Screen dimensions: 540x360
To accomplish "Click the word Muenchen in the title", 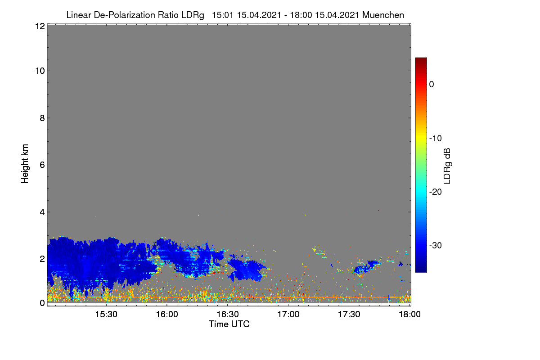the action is (383, 15).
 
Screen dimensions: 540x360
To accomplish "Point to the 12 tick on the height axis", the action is (40, 26).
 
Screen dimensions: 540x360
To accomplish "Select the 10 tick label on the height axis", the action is (40, 71).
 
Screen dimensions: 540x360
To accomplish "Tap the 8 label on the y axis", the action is (42, 118).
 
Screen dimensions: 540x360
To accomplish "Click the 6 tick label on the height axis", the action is (42, 165).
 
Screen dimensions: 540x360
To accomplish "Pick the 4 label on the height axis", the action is (42, 212).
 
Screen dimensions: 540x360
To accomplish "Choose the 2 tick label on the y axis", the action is (42, 259).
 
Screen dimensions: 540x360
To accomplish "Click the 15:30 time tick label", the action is (106, 314).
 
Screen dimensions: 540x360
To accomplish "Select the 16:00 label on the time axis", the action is (167, 314).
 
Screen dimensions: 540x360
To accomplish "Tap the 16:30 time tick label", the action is (228, 314).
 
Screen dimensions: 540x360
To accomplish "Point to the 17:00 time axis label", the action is (288, 314).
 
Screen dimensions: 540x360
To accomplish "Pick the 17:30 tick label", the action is (349, 314).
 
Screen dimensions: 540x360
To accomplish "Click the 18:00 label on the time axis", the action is (409, 314).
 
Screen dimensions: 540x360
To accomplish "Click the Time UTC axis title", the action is (229, 324).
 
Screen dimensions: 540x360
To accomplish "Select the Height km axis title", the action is (25, 164).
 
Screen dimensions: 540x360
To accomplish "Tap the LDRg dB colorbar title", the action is (447, 166).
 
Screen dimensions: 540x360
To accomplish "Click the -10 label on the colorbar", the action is (436, 139).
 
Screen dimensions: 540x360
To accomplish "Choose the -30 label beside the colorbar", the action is (436, 245).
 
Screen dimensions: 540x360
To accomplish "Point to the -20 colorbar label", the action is (436, 192).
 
